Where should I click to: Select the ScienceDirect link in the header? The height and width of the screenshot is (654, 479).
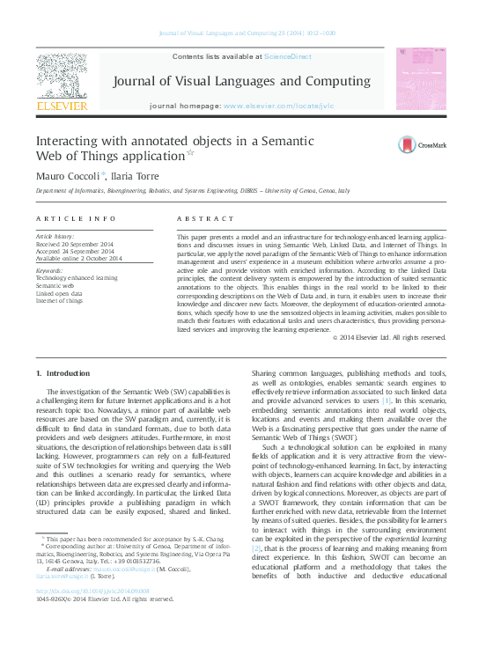287,55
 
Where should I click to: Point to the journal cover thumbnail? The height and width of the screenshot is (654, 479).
419,79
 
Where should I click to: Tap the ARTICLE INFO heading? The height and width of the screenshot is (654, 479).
76,217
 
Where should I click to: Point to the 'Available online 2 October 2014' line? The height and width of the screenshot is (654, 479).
78,257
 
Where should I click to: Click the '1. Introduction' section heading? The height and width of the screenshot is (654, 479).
68,374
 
